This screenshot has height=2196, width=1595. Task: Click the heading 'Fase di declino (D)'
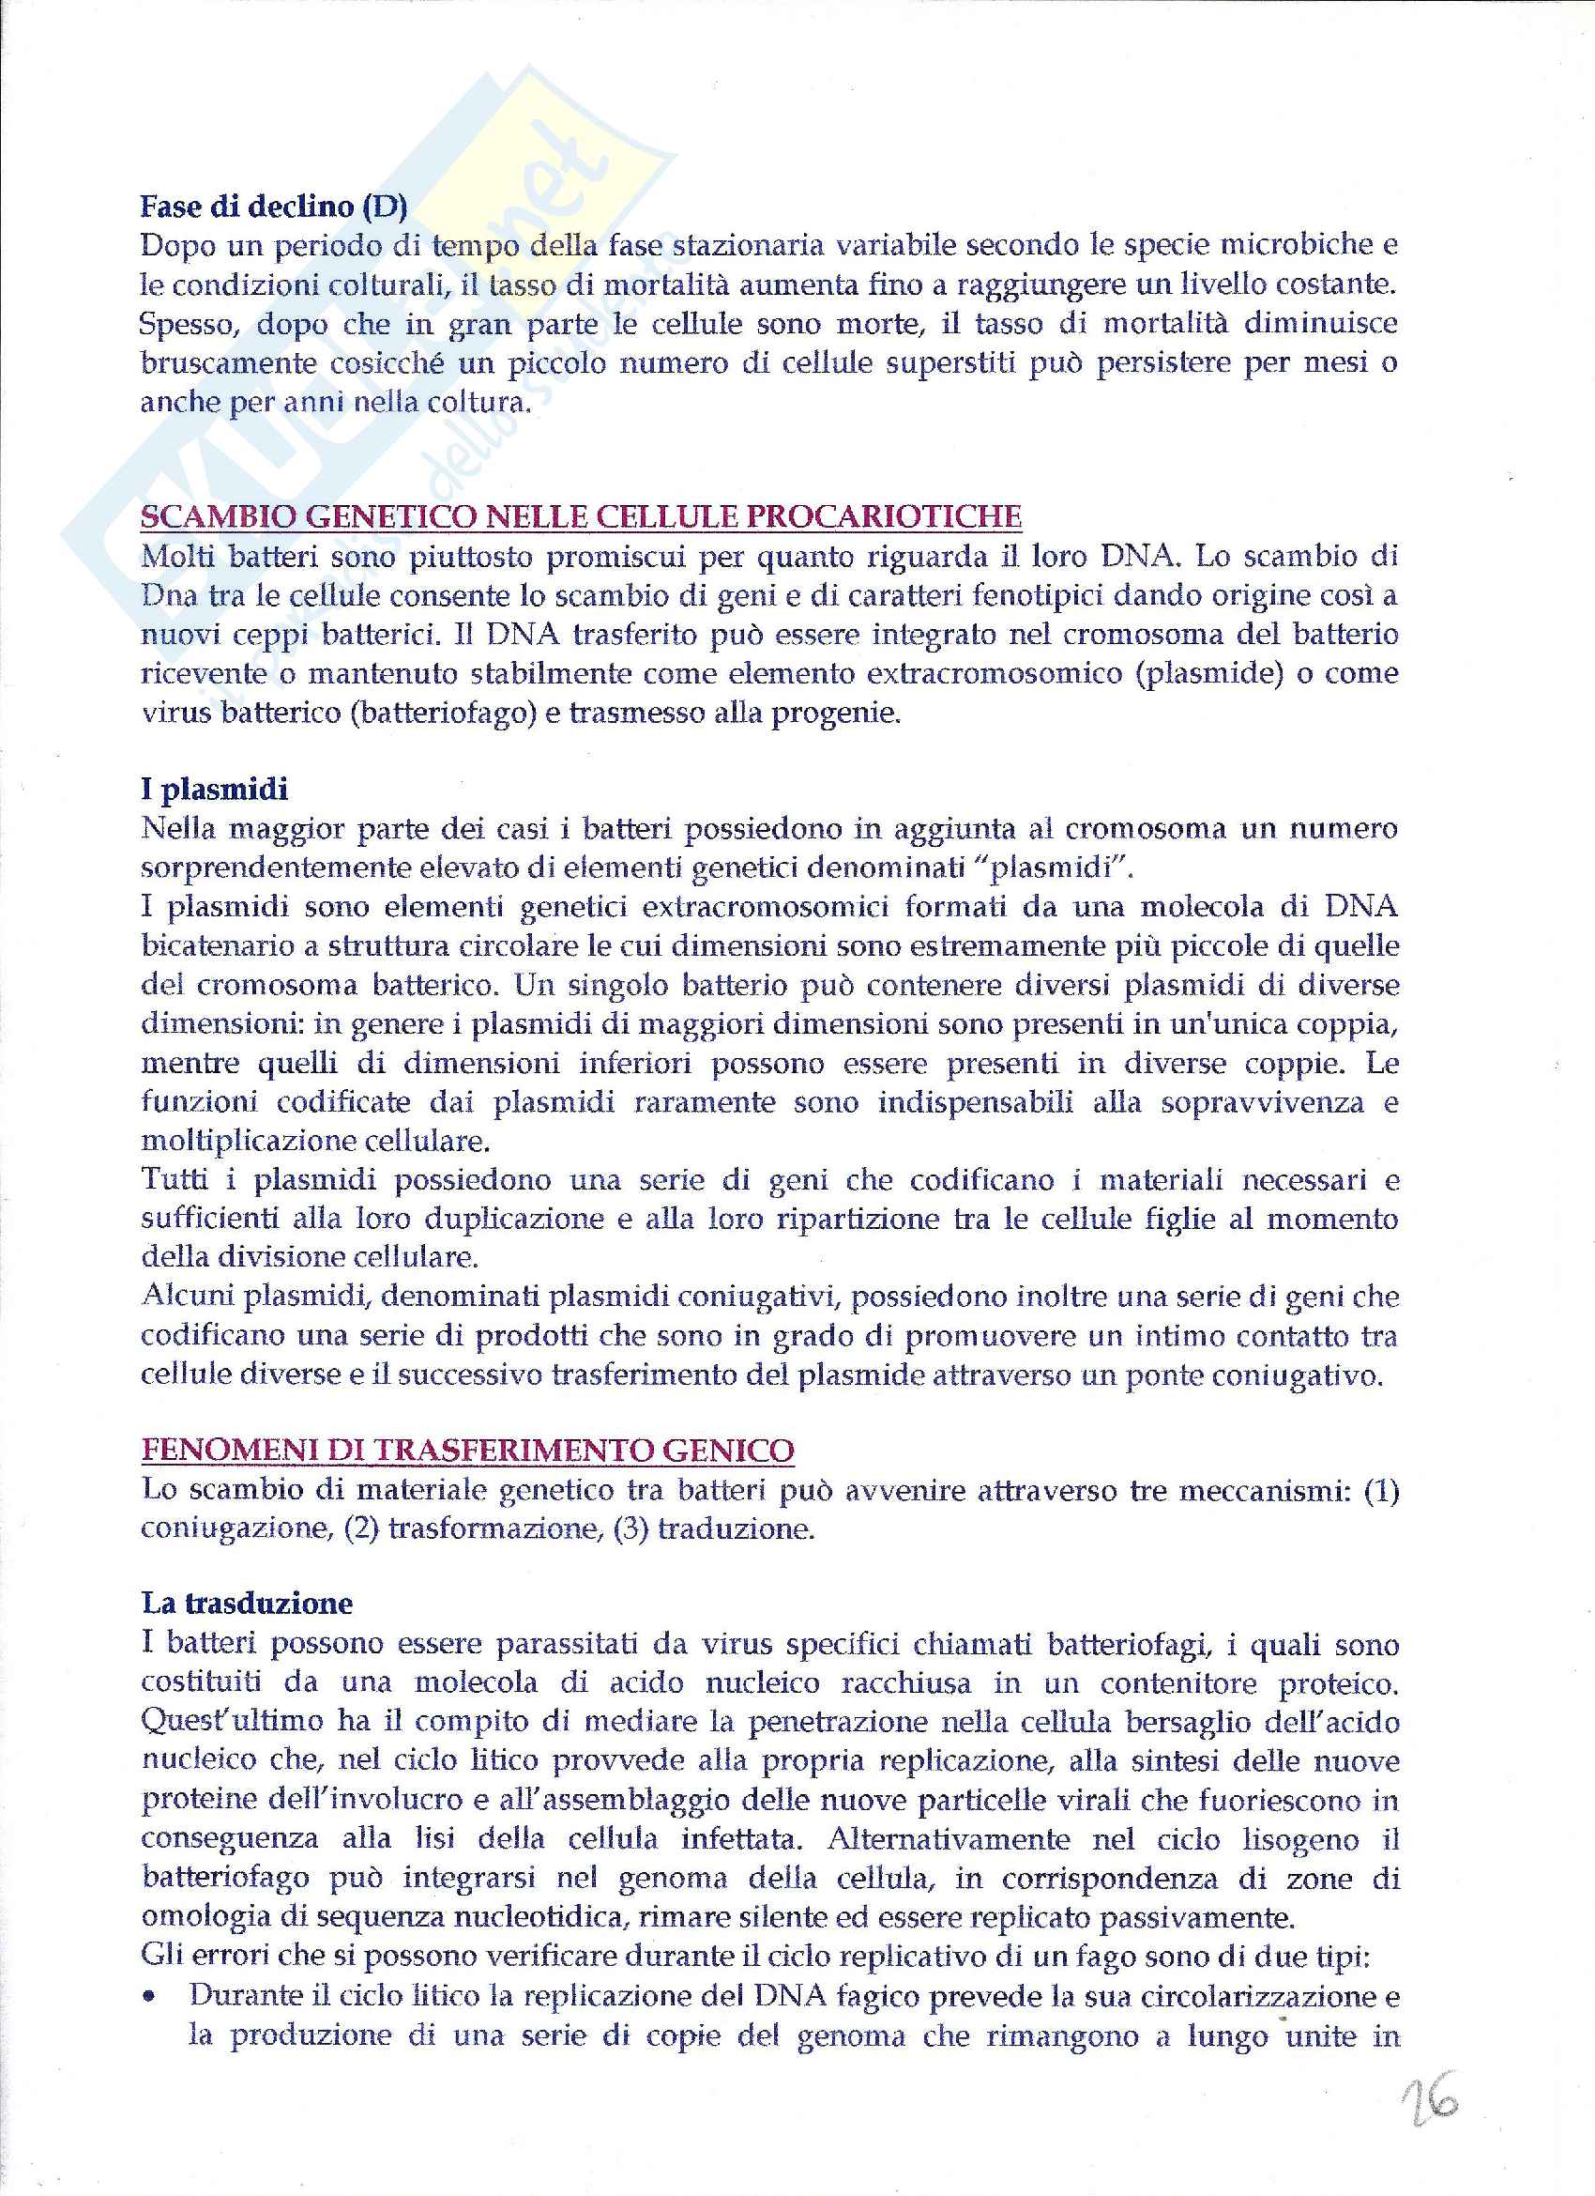click(274, 207)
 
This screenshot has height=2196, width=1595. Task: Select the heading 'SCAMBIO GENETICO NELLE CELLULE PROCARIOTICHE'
click(581, 517)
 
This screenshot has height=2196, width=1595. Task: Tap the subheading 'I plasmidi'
click(214, 790)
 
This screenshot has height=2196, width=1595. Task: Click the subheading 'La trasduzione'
click(247, 1604)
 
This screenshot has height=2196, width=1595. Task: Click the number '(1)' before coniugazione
click(1381, 1490)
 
